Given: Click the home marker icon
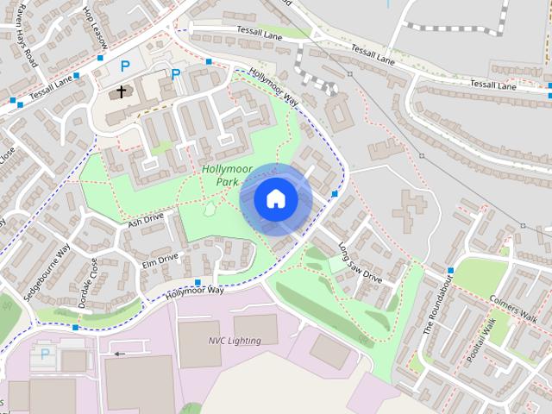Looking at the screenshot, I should click(275, 199).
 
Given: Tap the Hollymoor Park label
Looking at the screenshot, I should click(226, 176).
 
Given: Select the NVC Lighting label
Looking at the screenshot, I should click(235, 341).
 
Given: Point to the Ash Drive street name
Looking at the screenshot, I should click(145, 222).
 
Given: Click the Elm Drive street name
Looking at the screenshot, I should click(160, 258).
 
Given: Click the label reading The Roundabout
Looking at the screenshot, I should click(437, 307).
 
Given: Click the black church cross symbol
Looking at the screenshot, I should click(122, 90).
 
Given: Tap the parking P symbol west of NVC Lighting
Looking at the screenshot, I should click(45, 354).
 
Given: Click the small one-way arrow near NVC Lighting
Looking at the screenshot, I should click(119, 353).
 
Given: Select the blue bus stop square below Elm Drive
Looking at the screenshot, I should click(198, 282).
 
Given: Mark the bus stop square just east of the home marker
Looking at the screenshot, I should click(335, 193).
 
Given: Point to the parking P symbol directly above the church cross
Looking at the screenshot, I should click(125, 66).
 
